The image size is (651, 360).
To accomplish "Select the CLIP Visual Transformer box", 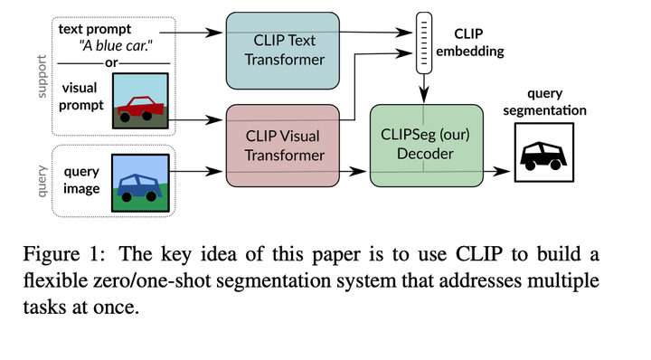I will pos(286,146).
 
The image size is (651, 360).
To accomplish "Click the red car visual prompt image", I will pos(138,100).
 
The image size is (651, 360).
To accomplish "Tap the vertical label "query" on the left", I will pos(42,182).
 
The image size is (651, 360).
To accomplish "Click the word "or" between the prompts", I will pos(112,63).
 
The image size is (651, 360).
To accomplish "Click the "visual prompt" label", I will pos(82,98).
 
